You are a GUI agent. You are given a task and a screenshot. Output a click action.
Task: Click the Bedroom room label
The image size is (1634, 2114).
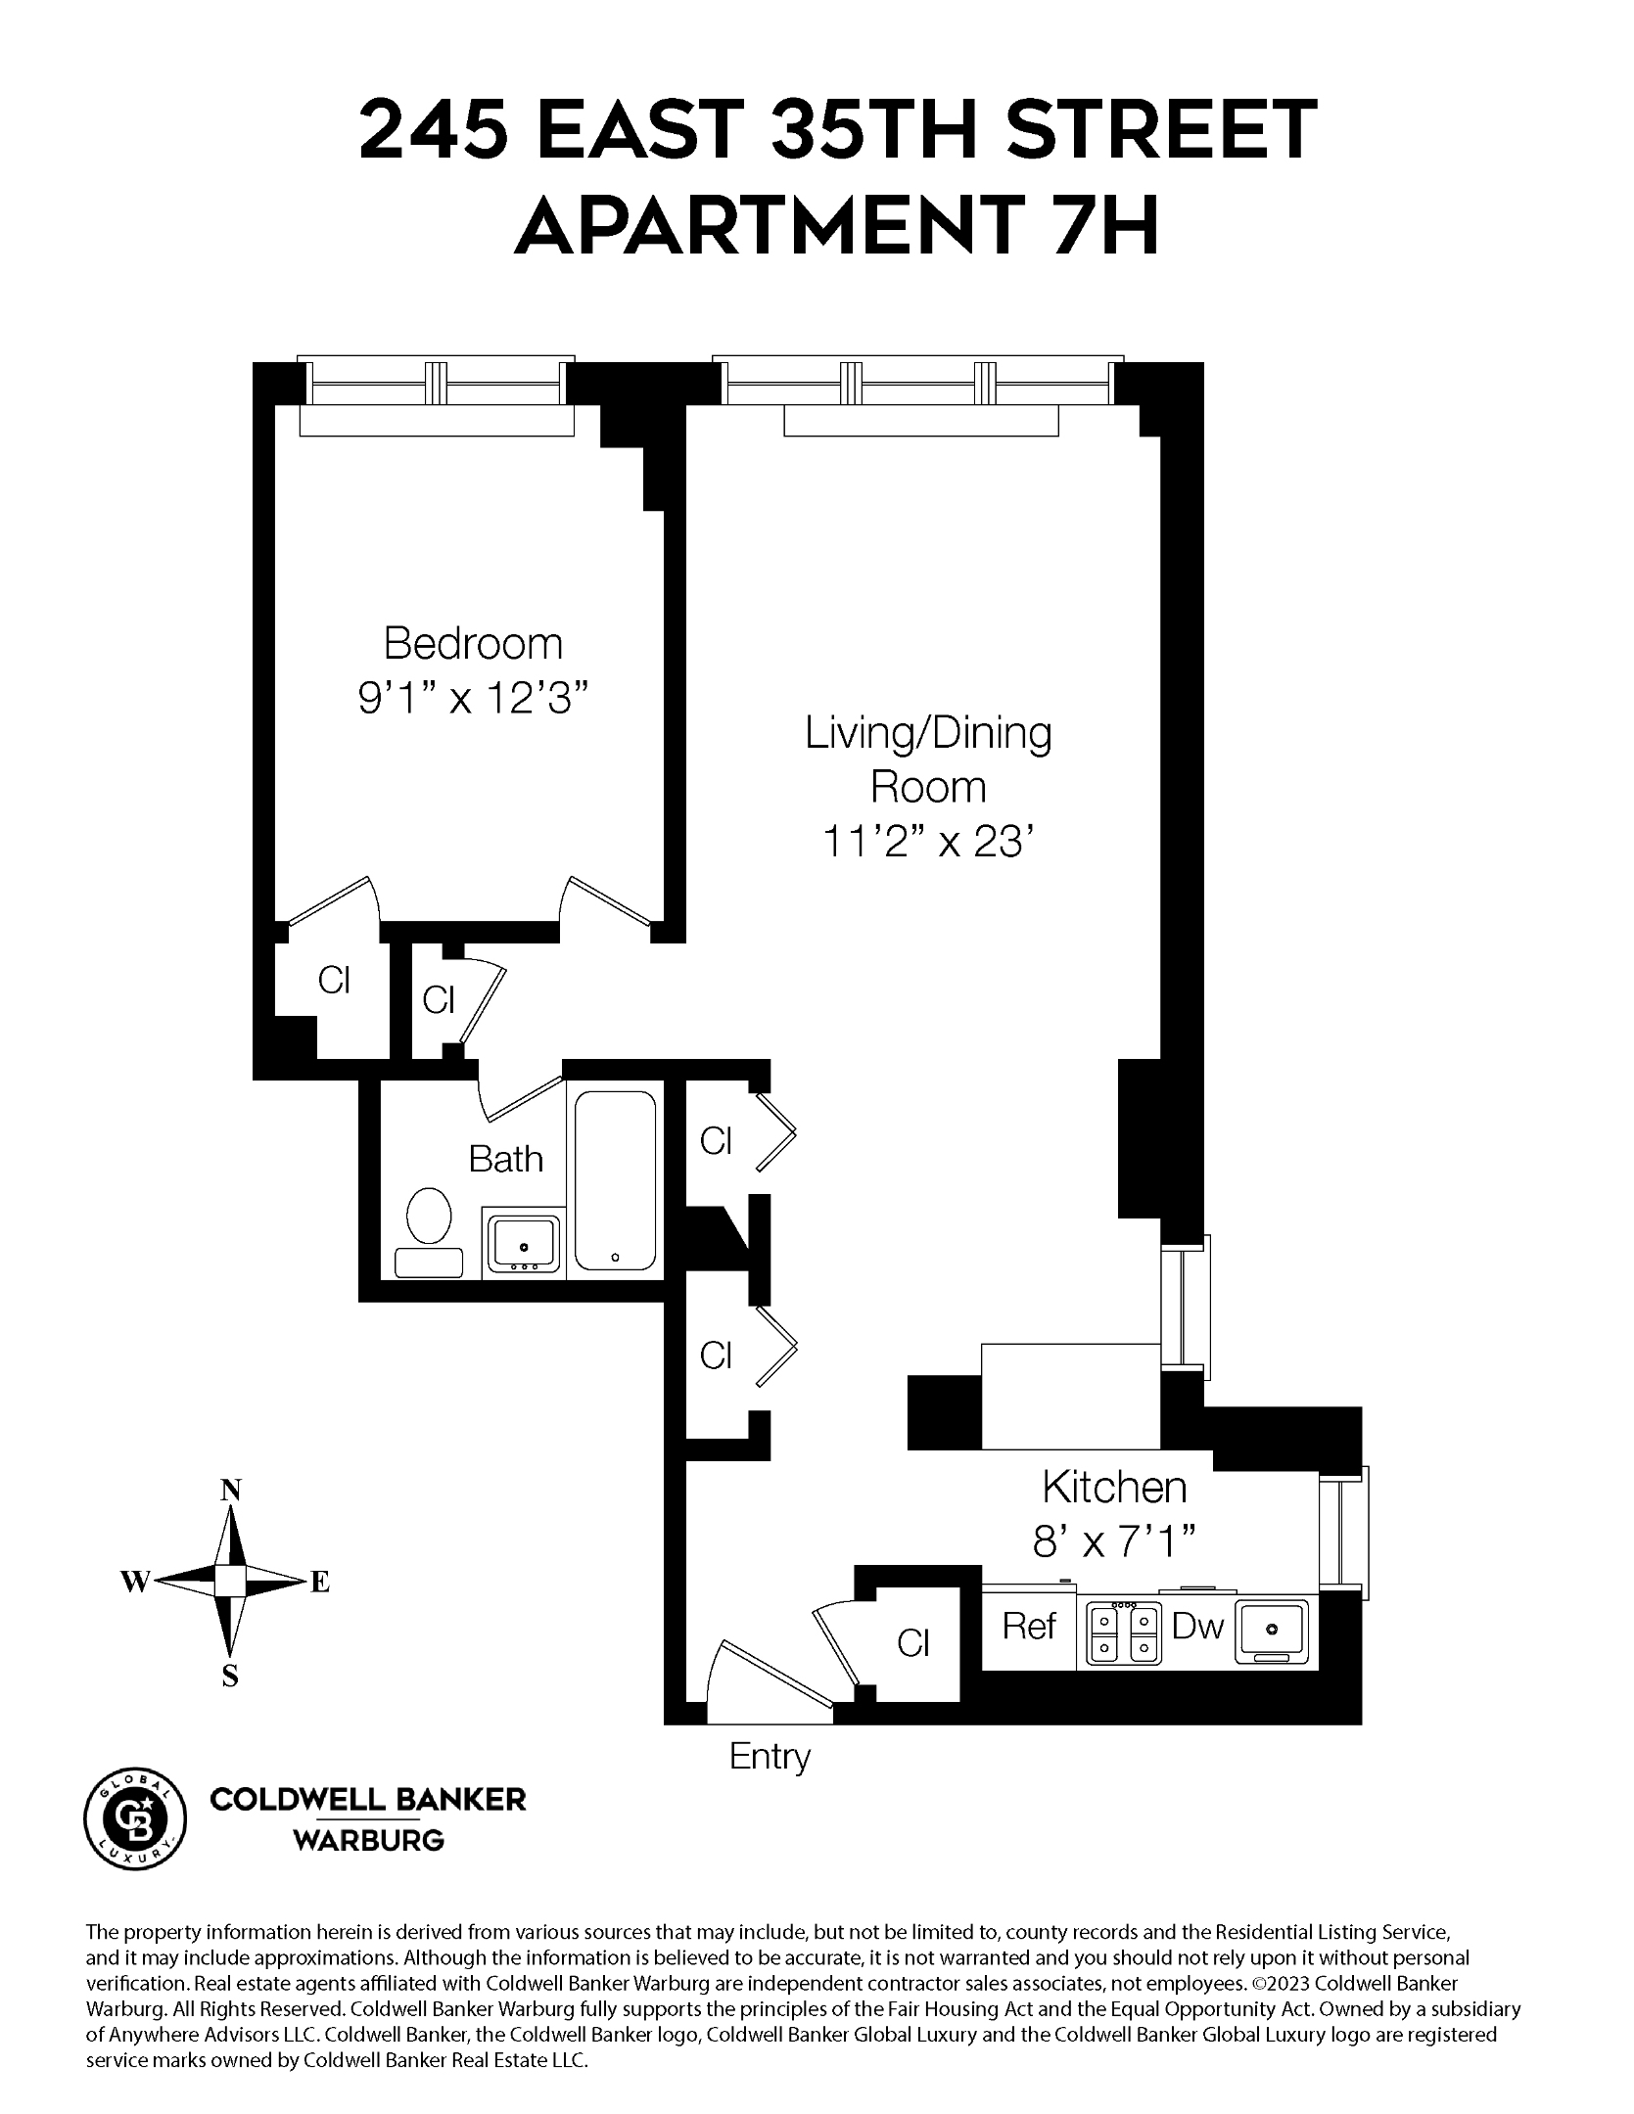[473, 644]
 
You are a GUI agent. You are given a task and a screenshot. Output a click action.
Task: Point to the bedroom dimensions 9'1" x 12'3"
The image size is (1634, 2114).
[473, 700]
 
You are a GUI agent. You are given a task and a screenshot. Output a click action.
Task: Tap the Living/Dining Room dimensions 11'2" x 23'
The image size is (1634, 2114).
[927, 841]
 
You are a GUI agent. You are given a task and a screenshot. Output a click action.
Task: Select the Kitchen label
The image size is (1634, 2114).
[1114, 1487]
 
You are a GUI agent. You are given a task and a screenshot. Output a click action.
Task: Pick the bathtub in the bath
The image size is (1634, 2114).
[615, 1180]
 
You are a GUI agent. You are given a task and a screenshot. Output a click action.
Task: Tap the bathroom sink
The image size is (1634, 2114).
[524, 1245]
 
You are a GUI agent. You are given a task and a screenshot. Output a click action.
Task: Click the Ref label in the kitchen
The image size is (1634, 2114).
[1029, 1627]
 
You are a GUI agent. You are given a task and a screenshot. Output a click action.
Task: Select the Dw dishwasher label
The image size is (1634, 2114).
[1198, 1627]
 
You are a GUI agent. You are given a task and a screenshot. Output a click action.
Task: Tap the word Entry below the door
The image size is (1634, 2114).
[770, 1756]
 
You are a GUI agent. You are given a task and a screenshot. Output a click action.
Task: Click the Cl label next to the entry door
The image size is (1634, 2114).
[912, 1643]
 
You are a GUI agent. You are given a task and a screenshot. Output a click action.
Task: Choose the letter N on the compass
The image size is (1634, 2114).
[230, 1490]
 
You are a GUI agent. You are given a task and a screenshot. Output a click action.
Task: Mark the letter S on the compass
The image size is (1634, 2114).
[230, 1677]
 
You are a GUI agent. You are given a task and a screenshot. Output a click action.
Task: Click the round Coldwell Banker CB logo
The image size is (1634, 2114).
[136, 1819]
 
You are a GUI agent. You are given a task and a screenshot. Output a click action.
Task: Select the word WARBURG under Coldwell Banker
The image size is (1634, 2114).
[369, 1841]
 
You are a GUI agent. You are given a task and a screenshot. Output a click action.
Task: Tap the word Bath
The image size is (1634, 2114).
[505, 1159]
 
